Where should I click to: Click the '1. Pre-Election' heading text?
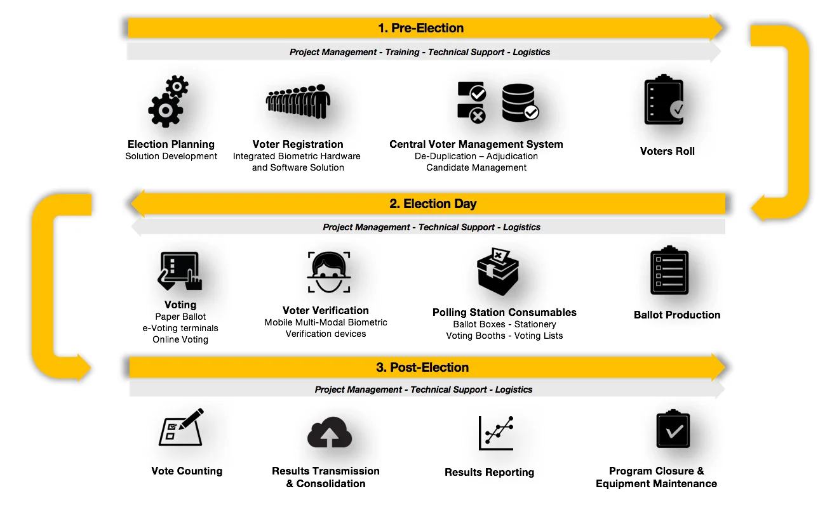coord(420,28)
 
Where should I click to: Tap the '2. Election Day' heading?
coord(433,204)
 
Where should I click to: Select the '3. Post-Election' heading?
coord(422,367)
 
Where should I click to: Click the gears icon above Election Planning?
coord(168,102)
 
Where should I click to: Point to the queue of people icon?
coord(298,102)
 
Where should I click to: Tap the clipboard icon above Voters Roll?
coord(664,102)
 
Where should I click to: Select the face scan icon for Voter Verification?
coord(329,273)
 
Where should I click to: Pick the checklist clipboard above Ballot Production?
coord(669,272)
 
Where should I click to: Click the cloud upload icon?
coord(330,434)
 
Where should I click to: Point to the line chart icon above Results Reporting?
coord(496,433)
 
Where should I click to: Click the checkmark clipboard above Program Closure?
coord(673,429)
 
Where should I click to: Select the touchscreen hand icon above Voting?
coord(180,271)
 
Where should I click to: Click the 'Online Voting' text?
coord(180,339)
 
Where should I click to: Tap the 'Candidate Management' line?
coord(476,167)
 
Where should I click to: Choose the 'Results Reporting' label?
coord(489,472)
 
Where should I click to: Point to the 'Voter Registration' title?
coord(298,145)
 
